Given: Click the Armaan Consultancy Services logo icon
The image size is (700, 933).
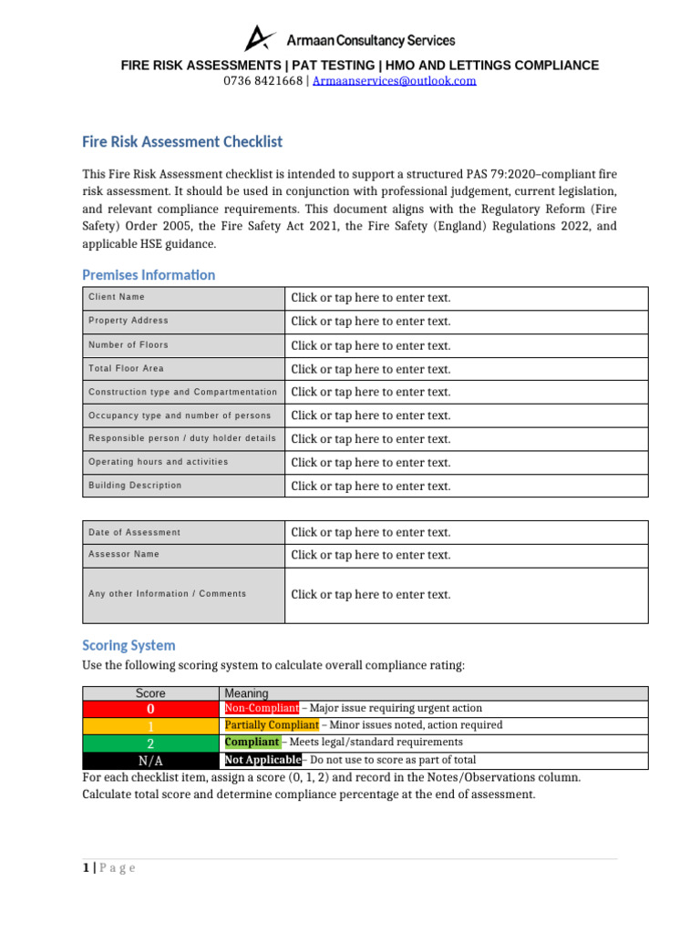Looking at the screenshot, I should point(260,38).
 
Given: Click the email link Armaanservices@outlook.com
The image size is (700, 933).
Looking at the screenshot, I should point(394,81).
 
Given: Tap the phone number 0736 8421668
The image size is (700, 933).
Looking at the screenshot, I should point(263,81).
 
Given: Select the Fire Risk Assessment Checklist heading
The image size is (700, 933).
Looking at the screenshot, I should point(182,142).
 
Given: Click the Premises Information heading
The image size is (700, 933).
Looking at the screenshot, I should point(149,275).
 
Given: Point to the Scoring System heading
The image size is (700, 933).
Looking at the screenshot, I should point(129,646).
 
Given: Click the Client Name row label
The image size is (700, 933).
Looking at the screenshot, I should point(117,297).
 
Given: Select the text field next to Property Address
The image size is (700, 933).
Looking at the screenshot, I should point(465,322).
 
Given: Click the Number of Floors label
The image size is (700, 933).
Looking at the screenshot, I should point(129,345).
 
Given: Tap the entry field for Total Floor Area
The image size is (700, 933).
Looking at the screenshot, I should point(465,369).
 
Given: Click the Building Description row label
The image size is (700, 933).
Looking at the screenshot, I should point(135,486).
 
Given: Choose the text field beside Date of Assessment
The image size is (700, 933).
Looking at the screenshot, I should point(465,533).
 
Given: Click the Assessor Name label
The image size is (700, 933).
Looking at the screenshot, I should point(124,554).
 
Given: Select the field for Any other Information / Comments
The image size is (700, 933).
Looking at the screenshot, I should point(465,595).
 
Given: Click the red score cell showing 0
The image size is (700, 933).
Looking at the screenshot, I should point(150,709).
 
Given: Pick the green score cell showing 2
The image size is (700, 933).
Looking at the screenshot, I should point(150,743).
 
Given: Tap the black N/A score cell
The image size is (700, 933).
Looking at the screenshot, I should point(150,761).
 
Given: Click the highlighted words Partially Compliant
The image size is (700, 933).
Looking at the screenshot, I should point(272,725).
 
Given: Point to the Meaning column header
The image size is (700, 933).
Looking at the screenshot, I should point(246,693).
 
